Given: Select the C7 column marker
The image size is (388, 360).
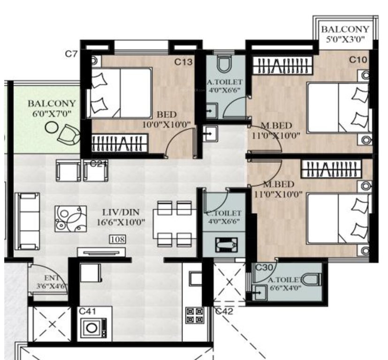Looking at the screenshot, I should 71,54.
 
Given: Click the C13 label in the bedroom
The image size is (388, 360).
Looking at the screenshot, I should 183,61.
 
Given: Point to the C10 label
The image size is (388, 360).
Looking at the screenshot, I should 358,60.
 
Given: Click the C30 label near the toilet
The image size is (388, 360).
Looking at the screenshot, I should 265,267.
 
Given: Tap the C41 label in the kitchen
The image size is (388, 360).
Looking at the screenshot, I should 88,310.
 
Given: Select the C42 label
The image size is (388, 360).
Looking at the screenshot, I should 224,310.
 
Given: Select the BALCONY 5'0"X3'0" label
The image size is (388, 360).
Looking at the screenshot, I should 345,34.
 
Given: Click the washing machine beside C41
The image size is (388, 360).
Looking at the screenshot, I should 94,327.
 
